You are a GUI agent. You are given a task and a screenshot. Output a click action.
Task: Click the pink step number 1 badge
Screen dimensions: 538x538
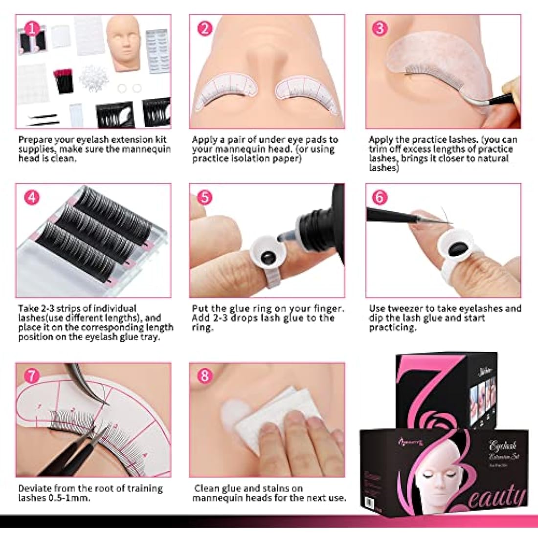point(32,29)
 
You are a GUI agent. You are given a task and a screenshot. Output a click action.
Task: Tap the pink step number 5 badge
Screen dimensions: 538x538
point(205,198)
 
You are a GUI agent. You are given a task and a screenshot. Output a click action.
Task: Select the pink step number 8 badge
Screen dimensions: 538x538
point(204,376)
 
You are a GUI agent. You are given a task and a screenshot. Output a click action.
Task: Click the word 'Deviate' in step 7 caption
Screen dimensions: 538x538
point(35,489)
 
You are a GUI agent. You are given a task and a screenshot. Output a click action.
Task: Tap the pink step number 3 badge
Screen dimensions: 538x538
point(380,28)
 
